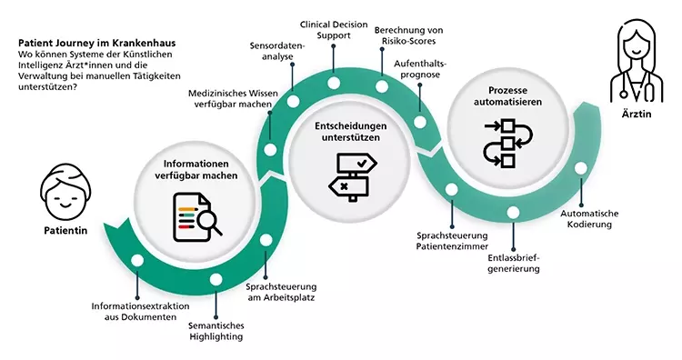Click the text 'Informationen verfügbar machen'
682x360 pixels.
195,170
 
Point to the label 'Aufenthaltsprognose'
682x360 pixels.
420,70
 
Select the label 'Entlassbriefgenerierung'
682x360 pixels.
514,262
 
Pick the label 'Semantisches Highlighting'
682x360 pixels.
216,331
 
